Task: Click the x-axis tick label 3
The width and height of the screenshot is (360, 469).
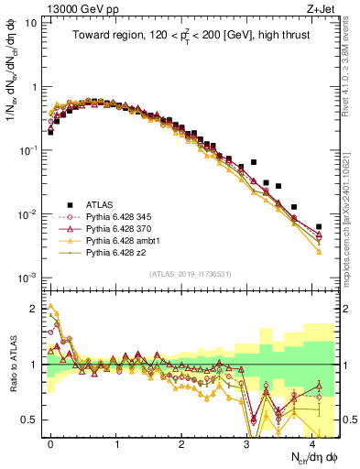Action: pyautogui.click(x=247, y=442)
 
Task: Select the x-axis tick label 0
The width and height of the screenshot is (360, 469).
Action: pyautogui.click(x=50, y=442)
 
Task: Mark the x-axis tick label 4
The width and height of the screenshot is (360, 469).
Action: pyautogui.click(x=312, y=442)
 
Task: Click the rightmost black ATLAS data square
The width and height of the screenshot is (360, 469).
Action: pyautogui.click(x=319, y=226)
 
